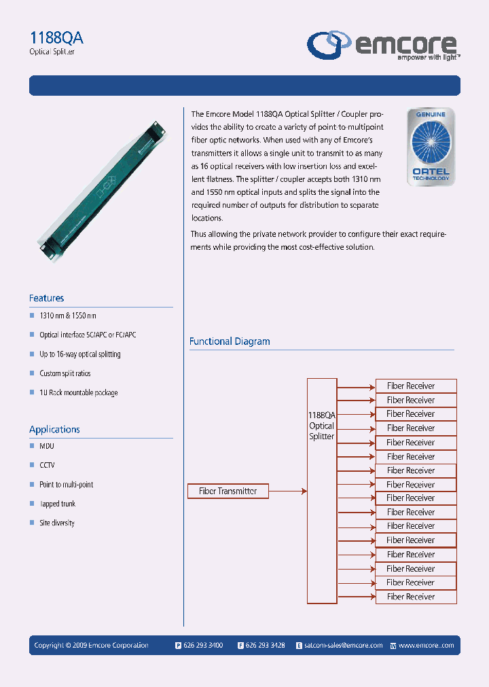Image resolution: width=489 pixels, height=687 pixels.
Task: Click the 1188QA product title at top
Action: tap(57, 38)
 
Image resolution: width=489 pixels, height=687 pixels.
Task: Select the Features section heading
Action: tap(47, 298)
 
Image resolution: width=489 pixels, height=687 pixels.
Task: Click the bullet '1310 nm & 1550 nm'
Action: tap(68, 316)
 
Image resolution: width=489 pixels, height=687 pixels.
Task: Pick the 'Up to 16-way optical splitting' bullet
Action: tap(79, 354)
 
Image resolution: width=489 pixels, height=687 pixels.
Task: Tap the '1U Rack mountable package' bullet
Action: tap(78, 392)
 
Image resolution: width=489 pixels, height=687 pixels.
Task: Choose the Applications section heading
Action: tap(54, 429)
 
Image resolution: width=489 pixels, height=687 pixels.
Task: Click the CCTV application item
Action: tap(47, 466)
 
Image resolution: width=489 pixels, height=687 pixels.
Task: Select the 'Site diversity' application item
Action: tap(57, 523)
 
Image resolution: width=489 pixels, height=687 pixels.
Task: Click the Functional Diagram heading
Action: tap(230, 341)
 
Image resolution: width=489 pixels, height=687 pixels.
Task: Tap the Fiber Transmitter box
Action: tap(228, 491)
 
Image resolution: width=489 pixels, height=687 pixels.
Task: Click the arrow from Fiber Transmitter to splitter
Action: tap(288, 491)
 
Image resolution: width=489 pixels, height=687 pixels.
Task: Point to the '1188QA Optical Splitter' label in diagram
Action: tap(322, 426)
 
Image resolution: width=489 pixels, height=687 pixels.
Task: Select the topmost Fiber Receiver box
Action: tap(416, 386)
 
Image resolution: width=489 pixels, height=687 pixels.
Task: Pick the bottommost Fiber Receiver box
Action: tap(416, 597)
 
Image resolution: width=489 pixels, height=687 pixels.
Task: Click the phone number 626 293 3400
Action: tap(203, 646)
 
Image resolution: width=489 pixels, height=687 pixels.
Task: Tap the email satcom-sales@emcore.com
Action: tap(344, 646)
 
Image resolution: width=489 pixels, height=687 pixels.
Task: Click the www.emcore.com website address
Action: tap(426, 646)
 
